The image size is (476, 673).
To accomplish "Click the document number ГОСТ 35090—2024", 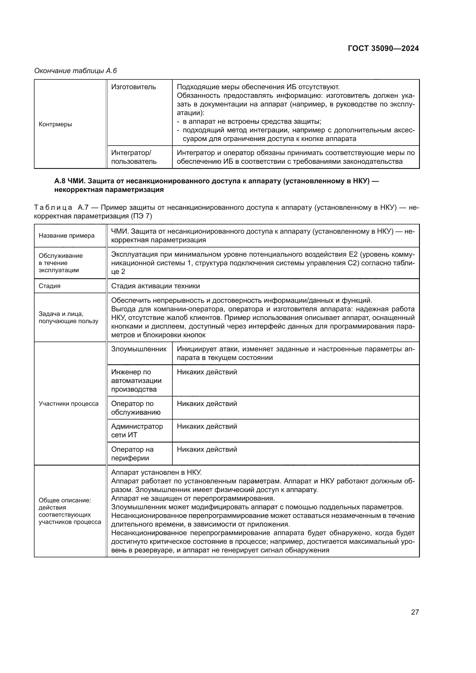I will tap(383, 48).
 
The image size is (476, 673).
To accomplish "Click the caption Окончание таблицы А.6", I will tap(75, 71).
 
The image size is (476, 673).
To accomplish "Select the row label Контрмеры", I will tap(55, 124).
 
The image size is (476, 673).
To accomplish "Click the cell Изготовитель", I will tap(133, 87).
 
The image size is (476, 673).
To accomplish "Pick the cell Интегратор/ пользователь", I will tap(134, 157).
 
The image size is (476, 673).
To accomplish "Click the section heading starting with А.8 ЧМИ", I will tap(216, 185).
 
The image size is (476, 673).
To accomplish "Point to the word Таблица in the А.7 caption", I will tap(53, 208).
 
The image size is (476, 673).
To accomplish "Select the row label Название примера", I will tap(66, 236).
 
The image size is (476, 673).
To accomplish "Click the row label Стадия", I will tap(49, 286).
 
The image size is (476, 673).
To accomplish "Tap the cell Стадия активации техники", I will tap(155, 286).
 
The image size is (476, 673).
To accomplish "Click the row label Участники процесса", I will tap(68, 404).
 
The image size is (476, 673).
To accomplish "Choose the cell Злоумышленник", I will tap(139, 349).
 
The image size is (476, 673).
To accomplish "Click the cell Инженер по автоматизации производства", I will tap(136, 380).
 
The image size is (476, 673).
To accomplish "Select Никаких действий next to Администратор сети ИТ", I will tap(207, 426).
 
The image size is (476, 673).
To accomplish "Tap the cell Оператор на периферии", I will tap(132, 454).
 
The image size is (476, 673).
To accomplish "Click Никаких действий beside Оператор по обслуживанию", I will tap(207, 404).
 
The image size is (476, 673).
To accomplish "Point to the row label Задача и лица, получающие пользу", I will tap(68, 317).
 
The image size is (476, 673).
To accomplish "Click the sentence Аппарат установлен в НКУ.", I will tap(157, 472).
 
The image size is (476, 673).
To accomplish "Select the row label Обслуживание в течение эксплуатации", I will tap(61, 263).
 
